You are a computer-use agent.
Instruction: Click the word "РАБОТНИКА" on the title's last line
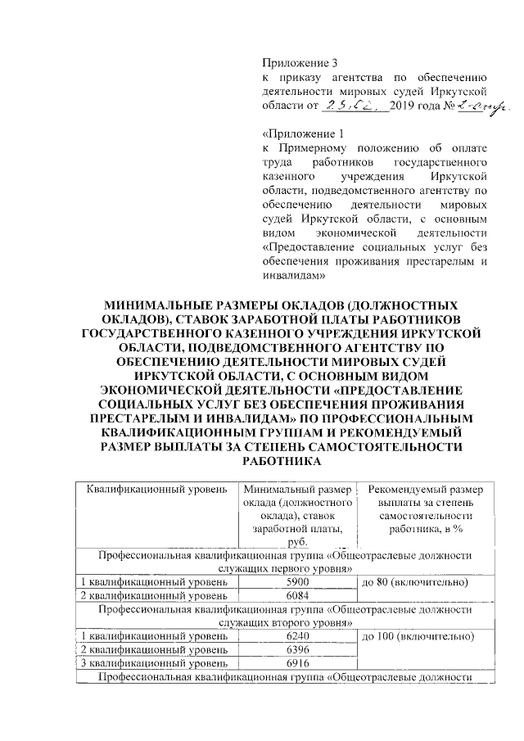point(278,460)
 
